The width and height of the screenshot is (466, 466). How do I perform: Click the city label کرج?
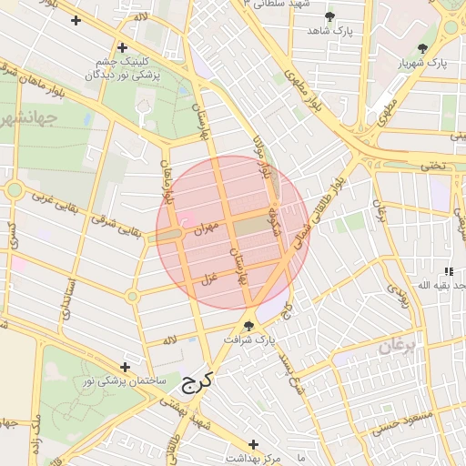(x=196, y=381)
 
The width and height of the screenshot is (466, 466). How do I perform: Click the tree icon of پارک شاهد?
(x=329, y=16)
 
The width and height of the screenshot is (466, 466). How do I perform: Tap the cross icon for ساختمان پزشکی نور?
(x=125, y=367)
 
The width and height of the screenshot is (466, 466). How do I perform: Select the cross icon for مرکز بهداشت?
(x=253, y=444)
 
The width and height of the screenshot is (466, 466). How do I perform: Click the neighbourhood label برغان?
(x=397, y=346)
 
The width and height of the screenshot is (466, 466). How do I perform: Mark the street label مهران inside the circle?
(x=208, y=228)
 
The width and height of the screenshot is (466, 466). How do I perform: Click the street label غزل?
(x=209, y=279)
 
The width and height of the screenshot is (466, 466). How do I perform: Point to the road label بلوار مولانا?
(x=262, y=157)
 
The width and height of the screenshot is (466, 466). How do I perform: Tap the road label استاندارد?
(x=66, y=296)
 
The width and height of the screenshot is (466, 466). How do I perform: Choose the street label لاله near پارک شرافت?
(x=169, y=339)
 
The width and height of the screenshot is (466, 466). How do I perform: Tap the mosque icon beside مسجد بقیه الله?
(x=448, y=271)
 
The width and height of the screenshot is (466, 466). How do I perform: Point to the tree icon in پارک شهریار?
(x=421, y=47)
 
